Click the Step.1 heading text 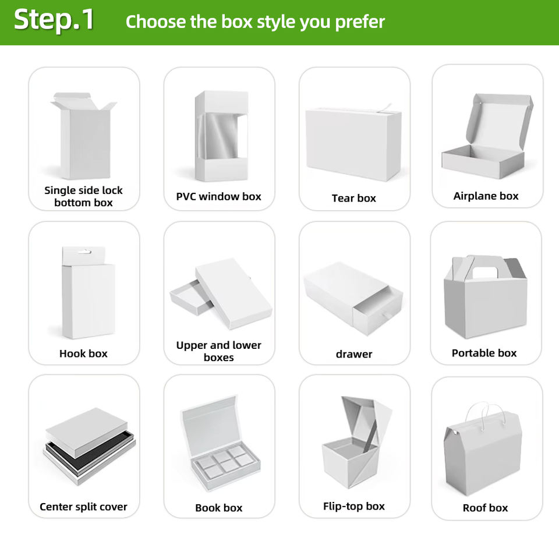[54, 20]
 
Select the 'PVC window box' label [218, 196]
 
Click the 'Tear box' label [353, 198]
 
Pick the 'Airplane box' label [486, 196]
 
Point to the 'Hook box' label [83, 353]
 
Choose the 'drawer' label [354, 354]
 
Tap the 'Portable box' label [484, 353]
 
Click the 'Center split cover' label [83, 507]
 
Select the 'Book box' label [218, 508]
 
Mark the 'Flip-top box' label [353, 506]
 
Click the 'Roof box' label [485, 508]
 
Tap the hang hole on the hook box [84, 252]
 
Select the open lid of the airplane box [499, 121]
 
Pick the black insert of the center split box [89, 451]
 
